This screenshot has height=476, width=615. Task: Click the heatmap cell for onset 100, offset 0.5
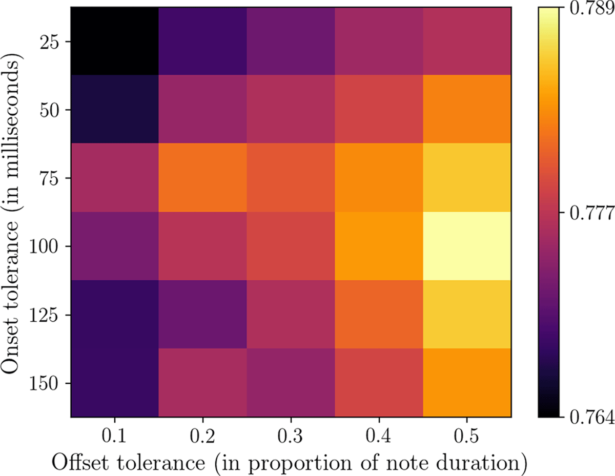point(467,246)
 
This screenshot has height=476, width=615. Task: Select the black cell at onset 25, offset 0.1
point(114,41)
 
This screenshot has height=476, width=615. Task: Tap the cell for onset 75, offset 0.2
point(202,178)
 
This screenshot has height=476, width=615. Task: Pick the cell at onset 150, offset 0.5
point(467,383)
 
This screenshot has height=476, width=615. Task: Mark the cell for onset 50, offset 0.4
point(379,109)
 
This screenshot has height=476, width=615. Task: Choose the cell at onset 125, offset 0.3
point(291,314)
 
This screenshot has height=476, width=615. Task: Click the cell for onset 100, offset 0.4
point(379,246)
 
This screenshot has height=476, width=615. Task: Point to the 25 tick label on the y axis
point(50,42)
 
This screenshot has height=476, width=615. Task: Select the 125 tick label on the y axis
point(45,315)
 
